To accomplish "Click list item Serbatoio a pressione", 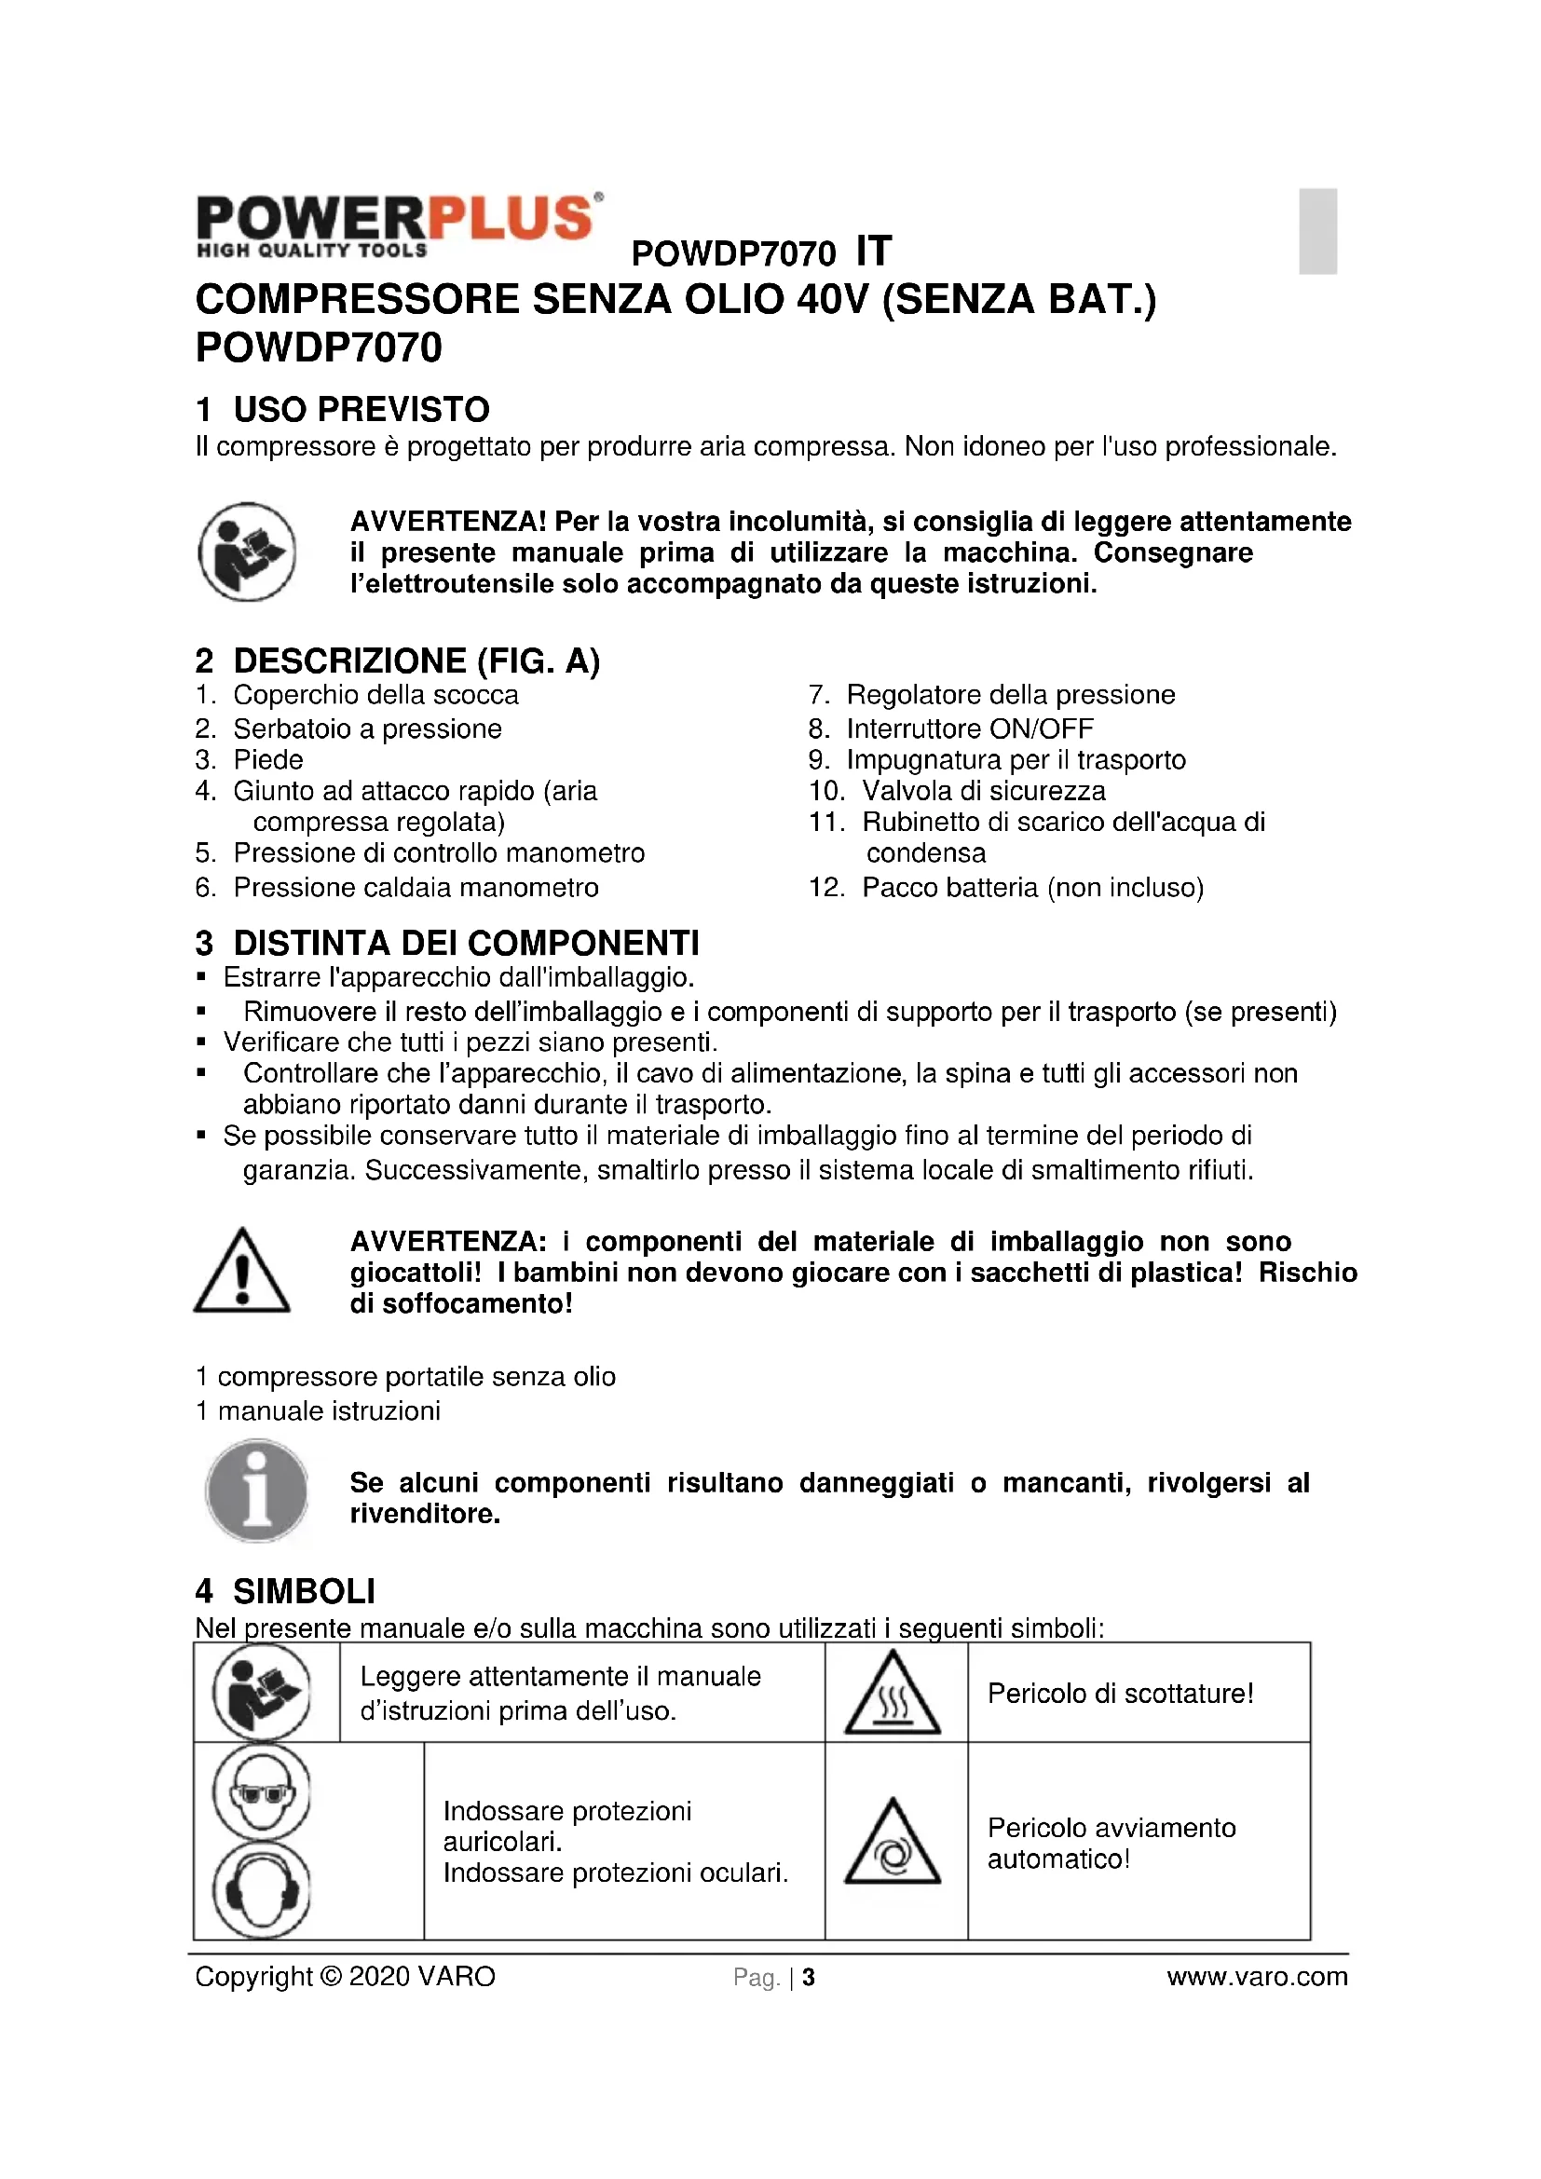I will tap(367, 729).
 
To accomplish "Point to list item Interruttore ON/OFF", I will tap(969, 729).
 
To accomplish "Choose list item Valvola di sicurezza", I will tap(983, 791).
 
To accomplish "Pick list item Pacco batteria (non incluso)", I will tap(1032, 888).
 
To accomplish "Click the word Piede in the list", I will tap(268, 759).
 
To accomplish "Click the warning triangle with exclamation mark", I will tap(242, 1272).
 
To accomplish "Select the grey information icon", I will tap(256, 1492).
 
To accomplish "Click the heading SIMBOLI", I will tap(304, 1591).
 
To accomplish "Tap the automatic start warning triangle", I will tap(892, 1844).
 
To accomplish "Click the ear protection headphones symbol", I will tap(262, 1889).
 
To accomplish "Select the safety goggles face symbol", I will tap(262, 1792).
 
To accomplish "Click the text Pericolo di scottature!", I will tap(1120, 1694).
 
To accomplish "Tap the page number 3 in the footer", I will tap(809, 1978).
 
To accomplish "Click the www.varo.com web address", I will tap(1256, 1977).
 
